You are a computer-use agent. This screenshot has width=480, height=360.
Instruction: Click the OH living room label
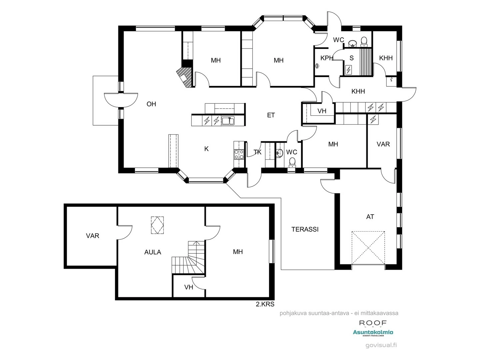151,104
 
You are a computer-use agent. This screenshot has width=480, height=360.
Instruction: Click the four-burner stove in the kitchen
239,154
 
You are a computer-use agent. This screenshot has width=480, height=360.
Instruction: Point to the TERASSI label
305,229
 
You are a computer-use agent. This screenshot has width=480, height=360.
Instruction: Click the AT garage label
370,217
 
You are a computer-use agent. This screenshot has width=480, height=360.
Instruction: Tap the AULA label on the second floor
153,252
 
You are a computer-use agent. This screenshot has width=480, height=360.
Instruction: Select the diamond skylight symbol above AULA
157,225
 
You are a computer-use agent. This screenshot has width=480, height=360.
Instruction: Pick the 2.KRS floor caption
265,304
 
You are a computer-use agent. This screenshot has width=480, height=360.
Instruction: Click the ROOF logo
373,323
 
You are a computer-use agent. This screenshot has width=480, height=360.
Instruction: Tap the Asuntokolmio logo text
373,332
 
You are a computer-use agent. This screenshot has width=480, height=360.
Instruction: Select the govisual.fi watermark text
381,345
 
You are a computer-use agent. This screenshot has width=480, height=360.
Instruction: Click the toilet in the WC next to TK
292,162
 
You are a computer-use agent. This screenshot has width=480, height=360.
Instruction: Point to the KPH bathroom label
326,58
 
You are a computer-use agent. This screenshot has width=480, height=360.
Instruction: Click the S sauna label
351,58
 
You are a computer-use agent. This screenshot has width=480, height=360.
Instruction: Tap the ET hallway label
271,115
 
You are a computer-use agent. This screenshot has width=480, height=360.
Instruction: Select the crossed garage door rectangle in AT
369,247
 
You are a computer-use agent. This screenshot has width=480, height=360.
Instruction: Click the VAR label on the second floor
92,236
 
